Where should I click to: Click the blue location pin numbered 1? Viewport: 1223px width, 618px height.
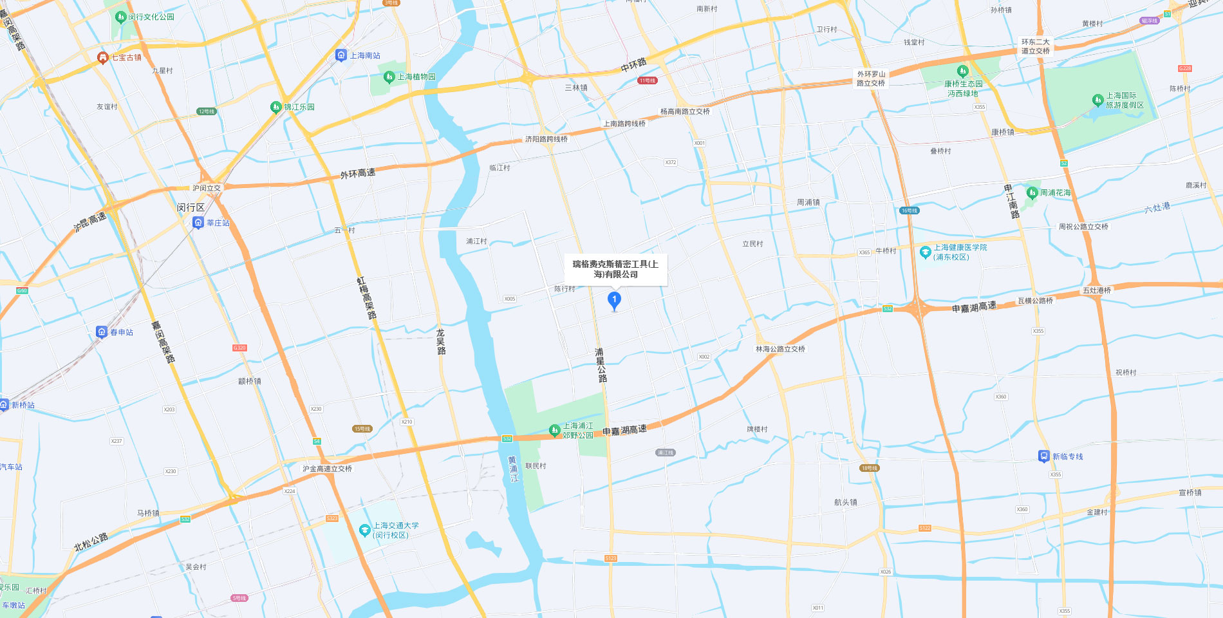click(x=614, y=300)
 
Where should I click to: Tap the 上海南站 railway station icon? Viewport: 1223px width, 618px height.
click(x=341, y=55)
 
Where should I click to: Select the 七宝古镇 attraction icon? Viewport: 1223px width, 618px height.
click(x=102, y=58)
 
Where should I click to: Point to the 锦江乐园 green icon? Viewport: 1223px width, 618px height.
click(x=275, y=107)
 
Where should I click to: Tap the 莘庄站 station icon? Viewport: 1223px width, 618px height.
click(x=198, y=223)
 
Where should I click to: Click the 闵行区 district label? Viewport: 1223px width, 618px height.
click(x=191, y=208)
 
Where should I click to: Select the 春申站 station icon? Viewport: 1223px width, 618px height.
click(x=102, y=332)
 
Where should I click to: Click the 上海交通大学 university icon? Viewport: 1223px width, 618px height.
click(x=364, y=530)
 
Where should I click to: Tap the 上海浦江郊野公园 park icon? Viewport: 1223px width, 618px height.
click(x=554, y=429)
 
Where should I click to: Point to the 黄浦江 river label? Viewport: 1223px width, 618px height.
click(x=513, y=469)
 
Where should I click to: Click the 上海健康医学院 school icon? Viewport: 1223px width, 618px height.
click(x=925, y=252)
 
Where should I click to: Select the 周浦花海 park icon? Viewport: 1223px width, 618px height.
click(x=1032, y=192)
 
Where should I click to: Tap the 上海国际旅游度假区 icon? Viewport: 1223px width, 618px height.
click(x=1097, y=100)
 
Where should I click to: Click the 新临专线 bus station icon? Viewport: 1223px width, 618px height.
click(x=1043, y=456)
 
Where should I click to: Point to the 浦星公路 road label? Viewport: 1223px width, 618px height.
click(x=601, y=365)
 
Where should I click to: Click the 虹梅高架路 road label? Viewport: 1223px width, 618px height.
click(x=366, y=297)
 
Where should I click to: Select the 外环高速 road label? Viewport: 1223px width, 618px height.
click(x=357, y=174)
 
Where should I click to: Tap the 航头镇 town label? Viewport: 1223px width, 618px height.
click(x=845, y=502)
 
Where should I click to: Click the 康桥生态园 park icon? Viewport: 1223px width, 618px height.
click(x=962, y=71)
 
